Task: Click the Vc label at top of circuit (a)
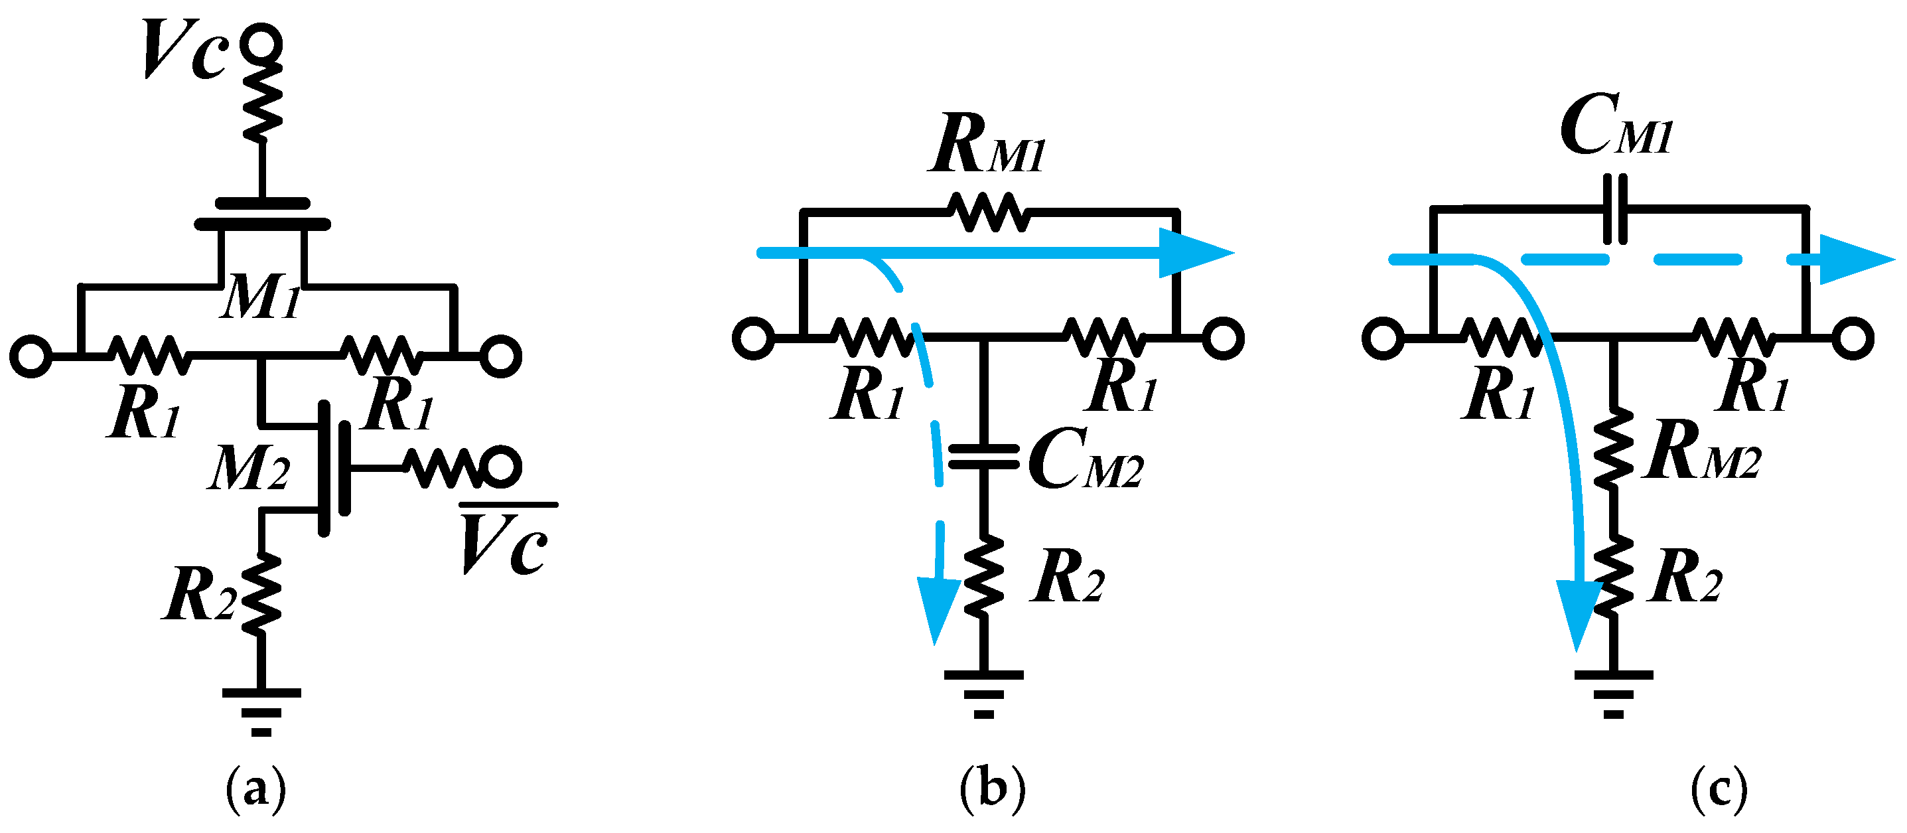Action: point(184,50)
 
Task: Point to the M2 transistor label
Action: point(249,469)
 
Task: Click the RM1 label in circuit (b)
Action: point(987,146)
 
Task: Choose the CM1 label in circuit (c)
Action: point(1616,127)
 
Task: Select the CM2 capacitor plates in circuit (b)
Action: point(983,457)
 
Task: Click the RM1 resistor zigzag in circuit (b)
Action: point(988,212)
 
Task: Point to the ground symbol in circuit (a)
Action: point(261,712)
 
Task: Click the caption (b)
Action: point(992,790)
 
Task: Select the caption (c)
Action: point(1719,790)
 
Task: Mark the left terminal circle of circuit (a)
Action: point(31,356)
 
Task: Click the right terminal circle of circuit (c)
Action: point(1853,339)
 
